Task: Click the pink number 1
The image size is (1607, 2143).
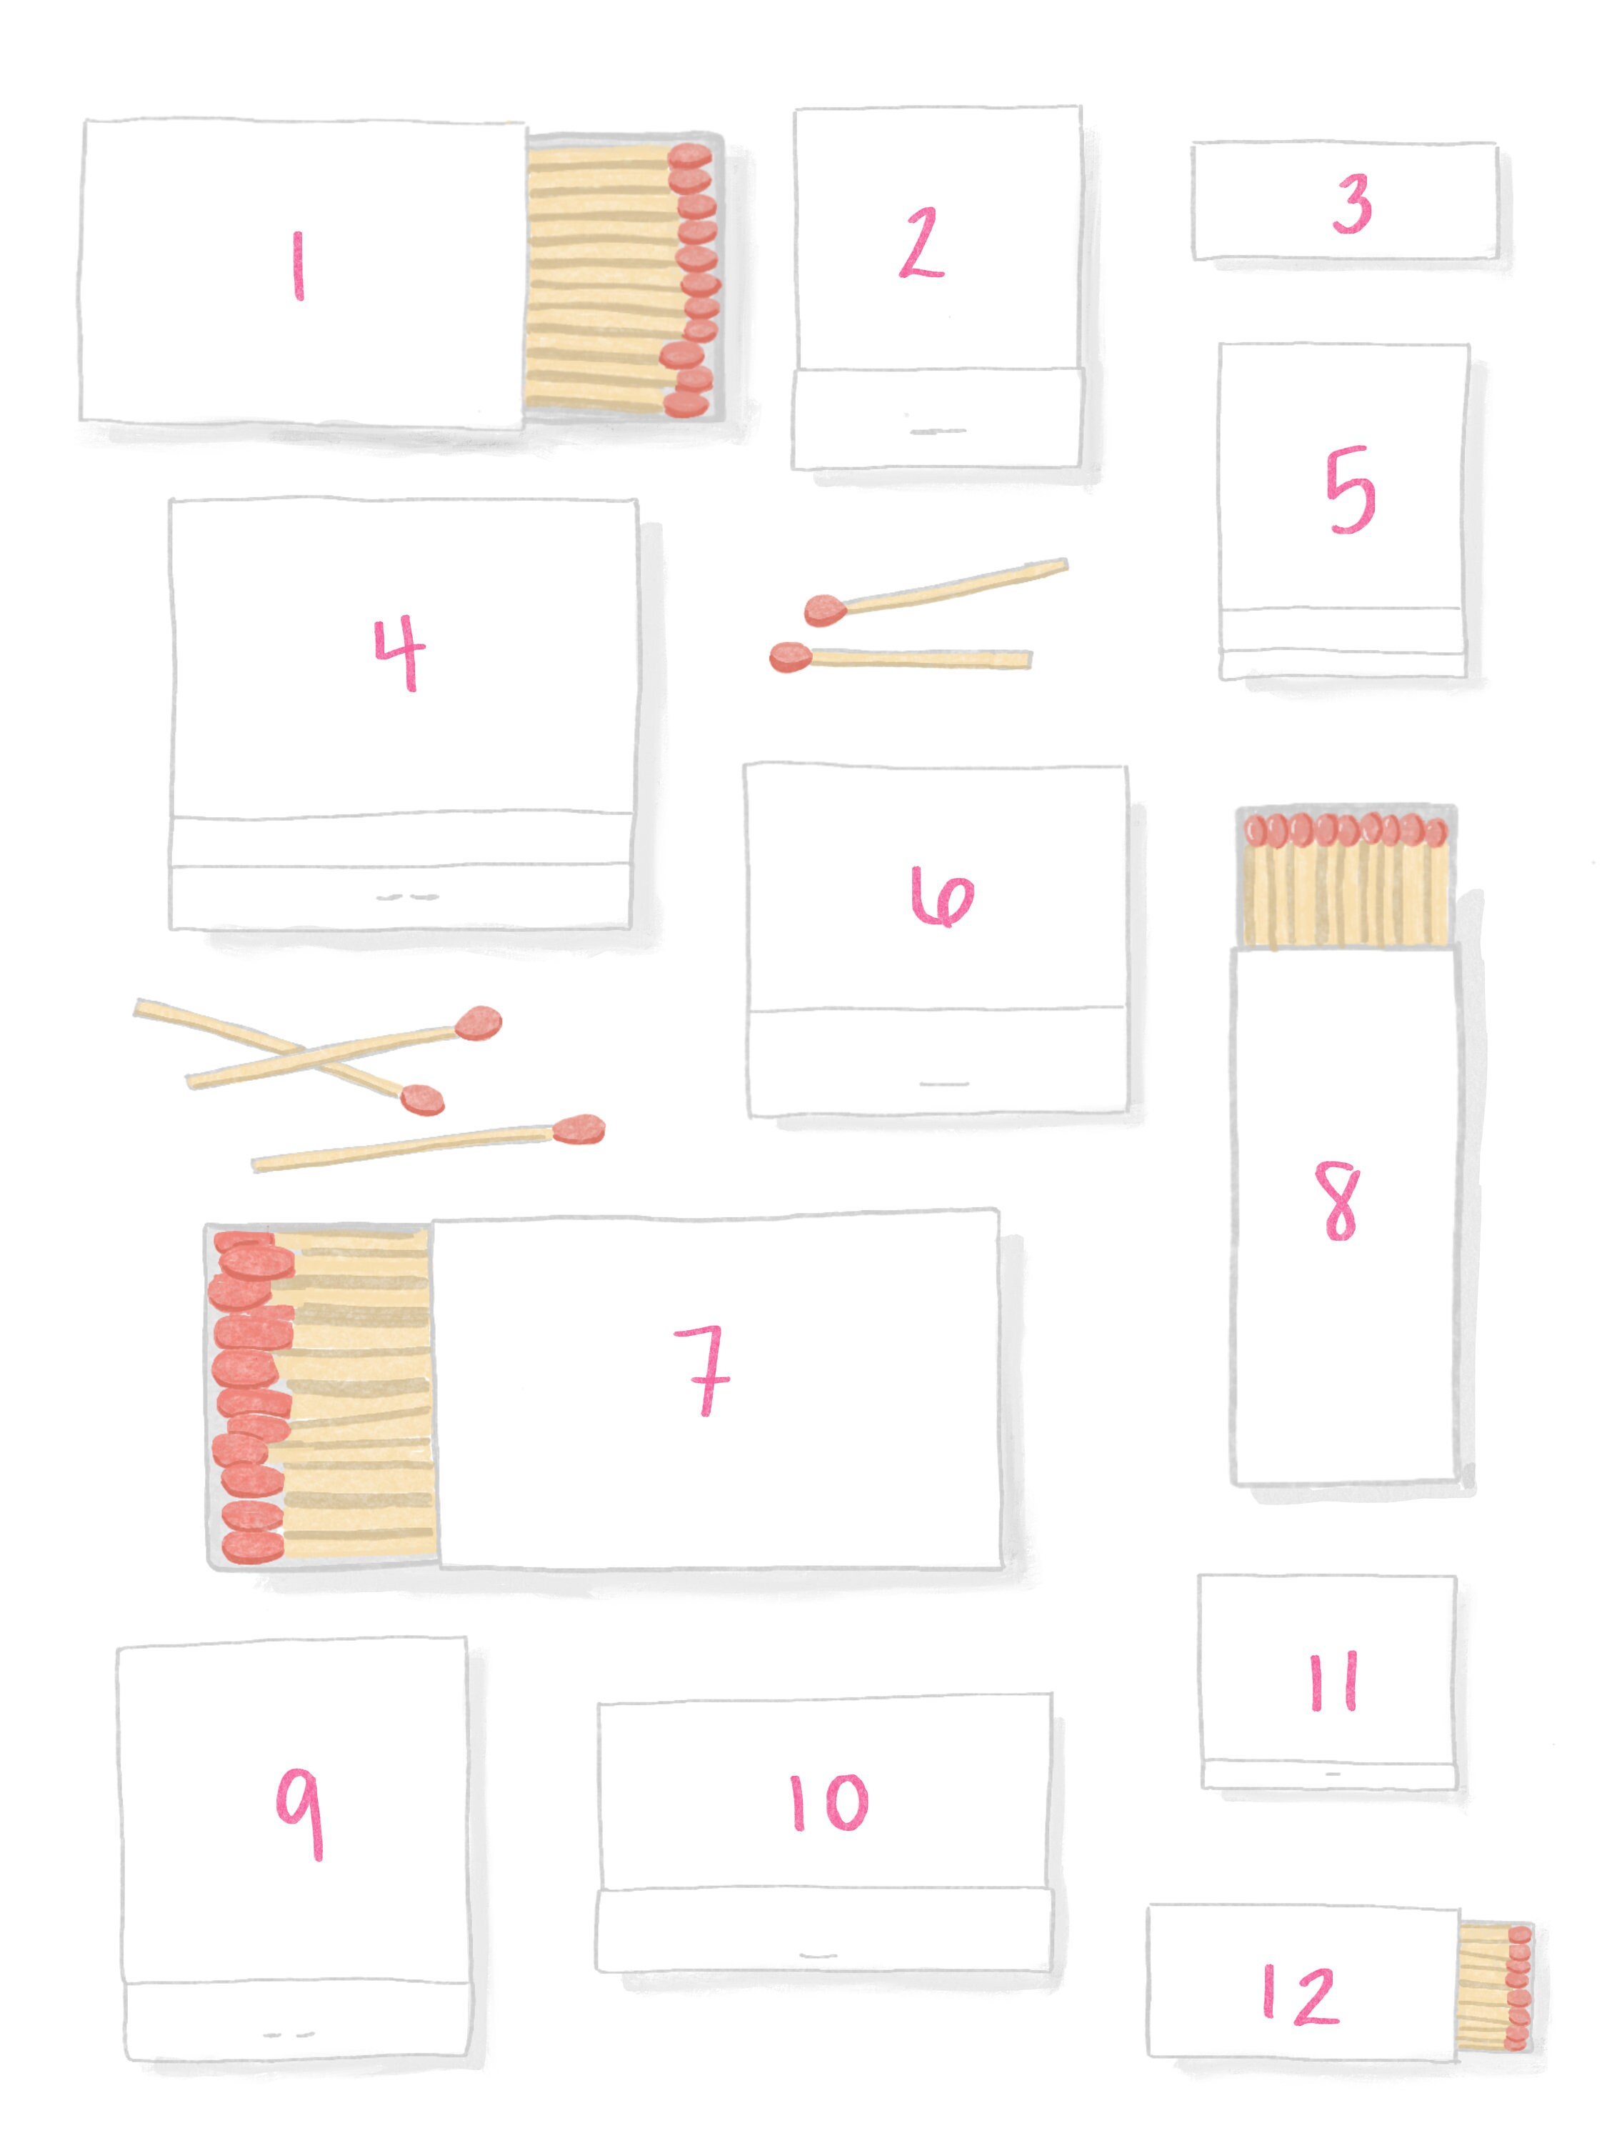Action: pyautogui.click(x=299, y=266)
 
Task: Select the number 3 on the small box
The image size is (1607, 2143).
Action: pyautogui.click(x=1351, y=204)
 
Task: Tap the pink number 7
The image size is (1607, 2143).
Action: pyautogui.click(x=705, y=1370)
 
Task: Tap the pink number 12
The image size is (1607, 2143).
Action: pyautogui.click(x=1301, y=1994)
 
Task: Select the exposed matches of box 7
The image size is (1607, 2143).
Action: pyautogui.click(x=320, y=1396)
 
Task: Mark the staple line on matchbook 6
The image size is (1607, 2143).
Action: pyautogui.click(x=943, y=1083)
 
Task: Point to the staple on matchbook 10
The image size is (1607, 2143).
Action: pyautogui.click(x=818, y=1955)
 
